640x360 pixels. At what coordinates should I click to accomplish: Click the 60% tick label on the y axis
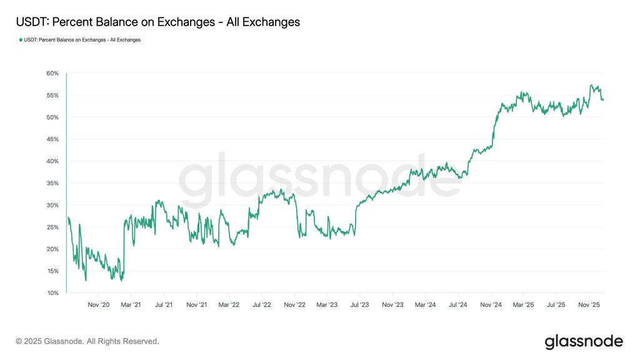coord(52,73)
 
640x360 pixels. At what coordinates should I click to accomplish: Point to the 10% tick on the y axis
coord(52,292)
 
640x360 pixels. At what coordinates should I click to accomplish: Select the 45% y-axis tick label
coord(52,139)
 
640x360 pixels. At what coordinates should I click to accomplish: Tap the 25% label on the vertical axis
coord(52,227)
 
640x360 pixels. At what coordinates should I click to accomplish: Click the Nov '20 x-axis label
coord(99,305)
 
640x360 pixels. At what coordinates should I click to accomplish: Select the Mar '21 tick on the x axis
coord(131,305)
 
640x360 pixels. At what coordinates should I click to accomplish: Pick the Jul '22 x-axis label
coord(262,305)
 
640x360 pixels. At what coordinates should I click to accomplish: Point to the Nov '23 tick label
coord(392,305)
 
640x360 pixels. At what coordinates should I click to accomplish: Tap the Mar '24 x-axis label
coord(425,305)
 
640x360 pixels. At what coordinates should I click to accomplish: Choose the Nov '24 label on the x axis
coord(491,305)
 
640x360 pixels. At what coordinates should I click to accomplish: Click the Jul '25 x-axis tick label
coord(556,305)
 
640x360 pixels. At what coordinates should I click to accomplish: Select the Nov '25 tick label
coord(589,305)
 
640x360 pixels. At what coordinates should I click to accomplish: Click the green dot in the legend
coord(20,40)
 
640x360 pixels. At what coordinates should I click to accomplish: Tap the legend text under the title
coord(82,40)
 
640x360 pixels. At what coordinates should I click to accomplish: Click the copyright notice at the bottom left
coord(87,341)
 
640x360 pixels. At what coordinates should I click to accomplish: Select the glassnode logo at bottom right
coord(584,341)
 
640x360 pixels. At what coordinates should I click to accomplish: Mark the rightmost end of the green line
coord(603,99)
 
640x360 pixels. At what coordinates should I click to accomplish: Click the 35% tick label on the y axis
coord(52,183)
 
